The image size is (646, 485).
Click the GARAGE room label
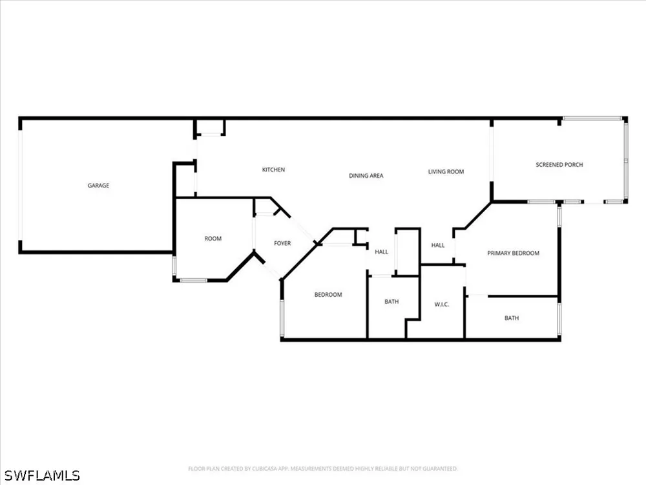pyautogui.click(x=98, y=186)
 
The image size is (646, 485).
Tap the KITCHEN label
pyautogui.click(x=273, y=169)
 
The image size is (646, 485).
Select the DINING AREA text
pyautogui.click(x=366, y=176)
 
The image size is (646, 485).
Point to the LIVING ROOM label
pyautogui.click(x=446, y=171)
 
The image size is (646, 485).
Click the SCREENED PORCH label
pyautogui.click(x=559, y=164)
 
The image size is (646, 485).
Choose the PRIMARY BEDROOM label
pyautogui.click(x=514, y=253)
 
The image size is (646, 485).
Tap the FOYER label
pyautogui.click(x=283, y=243)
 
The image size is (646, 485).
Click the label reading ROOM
pyautogui.click(x=213, y=239)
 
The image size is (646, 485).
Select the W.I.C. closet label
pyautogui.click(x=442, y=305)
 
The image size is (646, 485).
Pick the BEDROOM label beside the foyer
pyautogui.click(x=328, y=294)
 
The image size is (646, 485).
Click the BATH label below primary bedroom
pyautogui.click(x=512, y=318)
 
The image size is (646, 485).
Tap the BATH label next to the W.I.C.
pyautogui.click(x=392, y=301)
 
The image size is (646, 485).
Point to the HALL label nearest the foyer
pyautogui.click(x=382, y=252)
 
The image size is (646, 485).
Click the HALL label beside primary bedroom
pyautogui.click(x=438, y=245)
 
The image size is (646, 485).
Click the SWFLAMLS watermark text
pyautogui.click(x=42, y=475)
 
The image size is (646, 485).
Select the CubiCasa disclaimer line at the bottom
pyautogui.click(x=323, y=468)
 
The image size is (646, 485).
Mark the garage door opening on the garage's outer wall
pyautogui.click(x=20, y=185)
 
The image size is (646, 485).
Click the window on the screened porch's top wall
pyautogui.click(x=592, y=119)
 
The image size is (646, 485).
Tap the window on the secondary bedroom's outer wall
pyautogui.click(x=282, y=318)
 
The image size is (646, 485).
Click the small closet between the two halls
pyautogui.click(x=408, y=252)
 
